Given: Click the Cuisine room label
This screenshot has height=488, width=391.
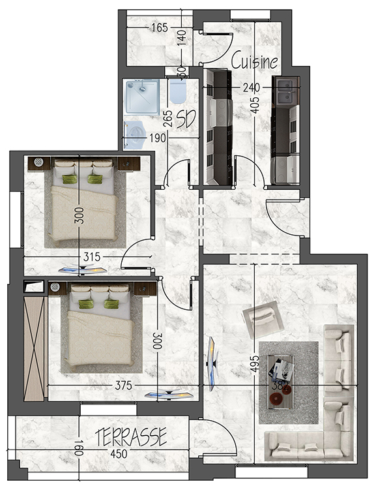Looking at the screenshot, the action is pyautogui.click(x=255, y=61).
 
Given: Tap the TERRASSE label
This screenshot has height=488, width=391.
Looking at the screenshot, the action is pyautogui.click(x=131, y=437).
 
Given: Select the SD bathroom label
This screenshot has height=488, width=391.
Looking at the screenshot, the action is pyautogui.click(x=186, y=119).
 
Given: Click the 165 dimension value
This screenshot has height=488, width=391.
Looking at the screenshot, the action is pyautogui.click(x=160, y=28).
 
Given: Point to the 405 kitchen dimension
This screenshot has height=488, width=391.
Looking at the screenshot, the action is pyautogui.click(x=254, y=105).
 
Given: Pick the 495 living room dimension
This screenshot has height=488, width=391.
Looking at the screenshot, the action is pyautogui.click(x=255, y=364).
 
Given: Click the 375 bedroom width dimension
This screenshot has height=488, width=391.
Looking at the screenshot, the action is pyautogui.click(x=123, y=386).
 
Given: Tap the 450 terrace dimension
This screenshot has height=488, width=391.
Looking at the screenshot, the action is pyautogui.click(x=119, y=454).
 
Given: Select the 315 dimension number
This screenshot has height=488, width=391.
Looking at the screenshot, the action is pyautogui.click(x=92, y=257).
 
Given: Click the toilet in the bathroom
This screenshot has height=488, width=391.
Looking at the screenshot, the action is pyautogui.click(x=178, y=91).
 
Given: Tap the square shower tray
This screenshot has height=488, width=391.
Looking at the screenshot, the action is pyautogui.click(x=141, y=98).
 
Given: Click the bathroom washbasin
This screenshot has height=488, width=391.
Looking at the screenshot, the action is pyautogui.click(x=135, y=135).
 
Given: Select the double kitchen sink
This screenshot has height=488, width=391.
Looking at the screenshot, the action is pyautogui.click(x=285, y=92).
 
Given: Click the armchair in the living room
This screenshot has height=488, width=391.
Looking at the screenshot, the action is pyautogui.click(x=263, y=319).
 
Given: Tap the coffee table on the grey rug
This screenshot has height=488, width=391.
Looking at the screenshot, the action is pyautogui.click(x=281, y=382).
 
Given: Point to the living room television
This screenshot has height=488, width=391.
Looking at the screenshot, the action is pyautogui.click(x=212, y=363).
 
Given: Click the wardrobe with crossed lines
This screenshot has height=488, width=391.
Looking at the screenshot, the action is pyautogui.click(x=34, y=348).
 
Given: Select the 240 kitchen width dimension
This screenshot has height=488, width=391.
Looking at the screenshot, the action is pyautogui.click(x=251, y=88).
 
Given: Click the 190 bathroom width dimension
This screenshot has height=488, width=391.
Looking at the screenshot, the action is pyautogui.click(x=158, y=138).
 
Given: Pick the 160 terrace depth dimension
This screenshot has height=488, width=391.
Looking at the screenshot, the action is pyautogui.click(x=79, y=448).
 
